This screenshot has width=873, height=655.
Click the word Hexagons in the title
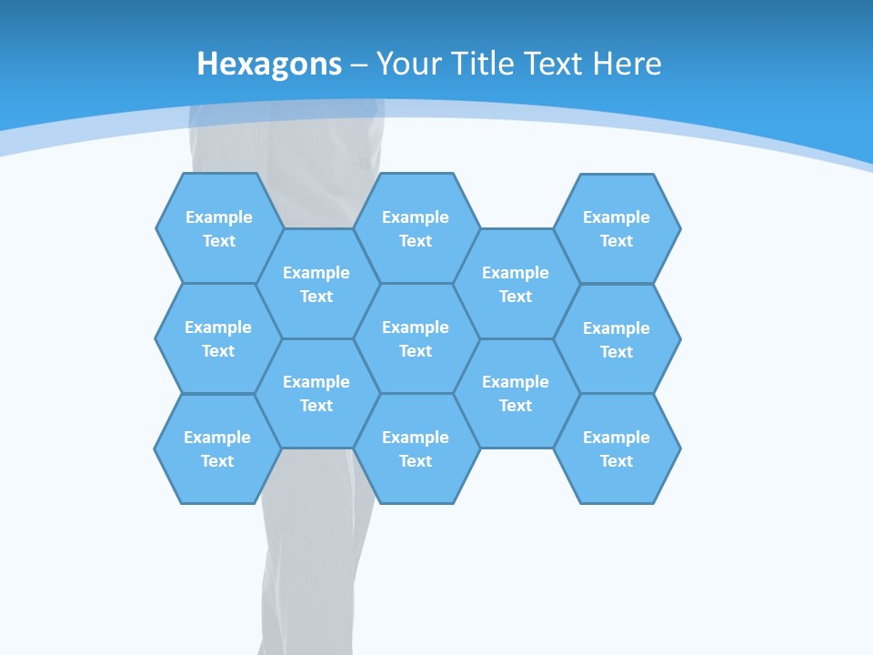click(269, 64)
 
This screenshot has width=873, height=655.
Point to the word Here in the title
click(627, 64)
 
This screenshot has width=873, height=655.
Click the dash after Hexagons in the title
click(359, 65)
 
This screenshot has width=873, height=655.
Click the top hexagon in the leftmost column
click(219, 228)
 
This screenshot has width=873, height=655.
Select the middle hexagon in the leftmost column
click(218, 338)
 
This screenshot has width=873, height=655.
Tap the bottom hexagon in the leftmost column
click(217, 448)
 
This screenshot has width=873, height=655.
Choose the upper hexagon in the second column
click(316, 284)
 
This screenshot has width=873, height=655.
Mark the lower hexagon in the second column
click(316, 393)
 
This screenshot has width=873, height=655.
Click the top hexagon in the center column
click(416, 228)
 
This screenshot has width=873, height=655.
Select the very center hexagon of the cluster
click(416, 338)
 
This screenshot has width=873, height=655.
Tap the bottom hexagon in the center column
click(416, 448)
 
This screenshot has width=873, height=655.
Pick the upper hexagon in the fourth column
click(516, 284)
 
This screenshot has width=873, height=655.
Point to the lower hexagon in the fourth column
click(516, 393)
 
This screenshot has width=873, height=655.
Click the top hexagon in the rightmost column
click(617, 228)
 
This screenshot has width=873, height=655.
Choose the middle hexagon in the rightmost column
click(617, 339)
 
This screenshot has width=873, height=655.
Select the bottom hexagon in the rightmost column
click(617, 448)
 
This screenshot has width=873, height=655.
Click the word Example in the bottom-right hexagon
click(617, 438)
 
